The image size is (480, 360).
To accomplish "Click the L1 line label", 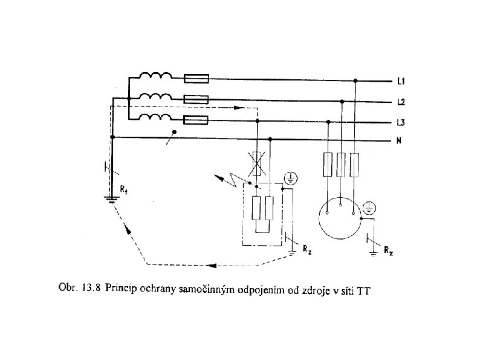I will (x=401, y=80).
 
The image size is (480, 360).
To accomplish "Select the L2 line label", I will (x=401, y=101).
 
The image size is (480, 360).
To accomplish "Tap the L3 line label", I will (x=401, y=122).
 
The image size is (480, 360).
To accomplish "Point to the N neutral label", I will (x=400, y=142).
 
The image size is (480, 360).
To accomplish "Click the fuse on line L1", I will (x=196, y=78).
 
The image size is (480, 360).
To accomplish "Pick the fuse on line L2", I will (x=196, y=99).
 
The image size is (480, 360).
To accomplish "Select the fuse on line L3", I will (x=196, y=120).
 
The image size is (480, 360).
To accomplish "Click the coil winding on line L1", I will (x=155, y=76).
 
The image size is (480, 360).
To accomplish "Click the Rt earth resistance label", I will (x=123, y=189).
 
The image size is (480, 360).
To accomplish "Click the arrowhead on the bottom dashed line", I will (x=211, y=265).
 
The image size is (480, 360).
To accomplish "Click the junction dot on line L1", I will (x=355, y=80).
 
